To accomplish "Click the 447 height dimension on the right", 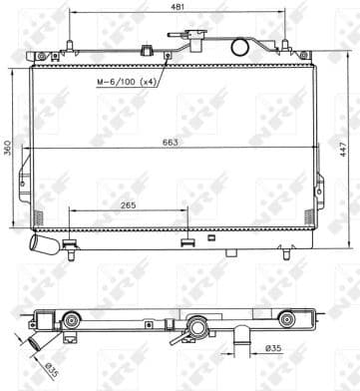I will [343, 148].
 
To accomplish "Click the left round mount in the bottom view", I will [72, 320].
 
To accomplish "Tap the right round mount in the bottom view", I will [287, 320].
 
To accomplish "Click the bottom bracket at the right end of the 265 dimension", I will [187, 240].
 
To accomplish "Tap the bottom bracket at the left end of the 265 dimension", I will [70, 240].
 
